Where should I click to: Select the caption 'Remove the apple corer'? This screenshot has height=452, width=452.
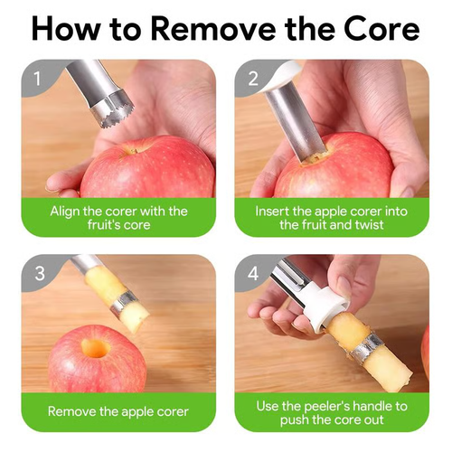[x=118, y=411]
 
